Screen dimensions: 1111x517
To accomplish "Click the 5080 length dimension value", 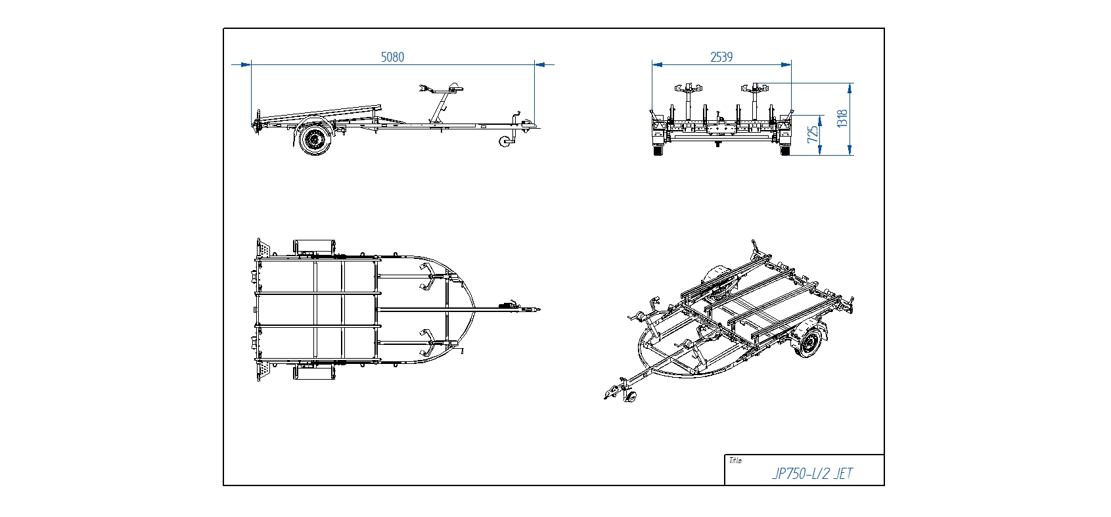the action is [392, 57].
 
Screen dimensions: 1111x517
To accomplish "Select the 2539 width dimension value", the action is [721, 57].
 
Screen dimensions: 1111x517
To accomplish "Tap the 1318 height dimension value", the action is [842, 118].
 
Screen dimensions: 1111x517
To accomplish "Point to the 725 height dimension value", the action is [813, 134].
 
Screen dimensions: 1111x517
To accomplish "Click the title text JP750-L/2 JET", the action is [813, 474].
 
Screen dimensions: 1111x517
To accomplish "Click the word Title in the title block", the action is [735, 461].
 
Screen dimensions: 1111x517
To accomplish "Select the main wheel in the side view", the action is [315, 139].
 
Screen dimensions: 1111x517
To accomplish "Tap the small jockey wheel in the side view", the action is [507, 142].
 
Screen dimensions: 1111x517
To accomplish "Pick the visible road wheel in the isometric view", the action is [809, 342].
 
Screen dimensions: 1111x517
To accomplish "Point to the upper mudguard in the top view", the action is [315, 246].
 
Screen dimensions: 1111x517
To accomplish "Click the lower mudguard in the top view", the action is [315, 372].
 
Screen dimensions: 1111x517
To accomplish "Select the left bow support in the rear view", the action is [689, 89].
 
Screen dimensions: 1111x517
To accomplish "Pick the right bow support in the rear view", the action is [755, 89].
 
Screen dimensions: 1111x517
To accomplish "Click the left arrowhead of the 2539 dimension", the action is [657, 64].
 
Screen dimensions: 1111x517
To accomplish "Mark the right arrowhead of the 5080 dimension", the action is [539, 64].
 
